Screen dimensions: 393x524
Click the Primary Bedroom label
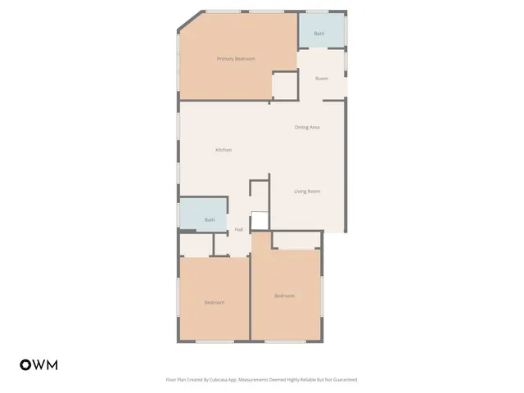coord(236,59)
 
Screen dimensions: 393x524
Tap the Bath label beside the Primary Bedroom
coord(318,34)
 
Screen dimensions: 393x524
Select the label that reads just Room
coord(321,78)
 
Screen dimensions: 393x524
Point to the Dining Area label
coord(307,127)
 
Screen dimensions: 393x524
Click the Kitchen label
coord(224,150)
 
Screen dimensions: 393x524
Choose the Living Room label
coord(307,192)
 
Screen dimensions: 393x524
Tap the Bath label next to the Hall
coord(210,219)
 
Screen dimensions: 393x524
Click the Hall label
coord(239,229)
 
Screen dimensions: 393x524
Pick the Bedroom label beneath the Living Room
coord(284,296)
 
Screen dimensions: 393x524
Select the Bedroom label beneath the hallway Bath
coord(214,303)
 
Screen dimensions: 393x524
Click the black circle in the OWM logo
coord(25,364)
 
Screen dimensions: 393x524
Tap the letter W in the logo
coord(38,364)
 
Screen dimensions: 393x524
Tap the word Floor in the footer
coord(170,380)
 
